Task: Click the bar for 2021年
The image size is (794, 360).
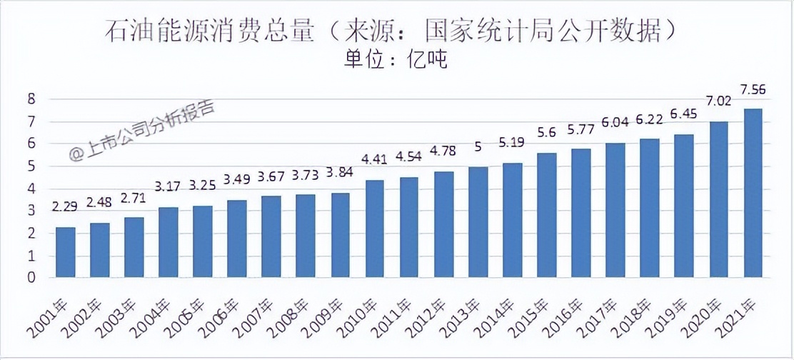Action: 753,193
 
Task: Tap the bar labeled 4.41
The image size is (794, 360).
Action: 375,229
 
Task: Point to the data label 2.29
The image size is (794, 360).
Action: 66,208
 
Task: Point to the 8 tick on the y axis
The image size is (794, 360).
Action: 31,99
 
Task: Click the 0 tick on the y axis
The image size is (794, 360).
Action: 31,278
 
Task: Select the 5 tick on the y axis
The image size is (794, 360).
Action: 31,166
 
